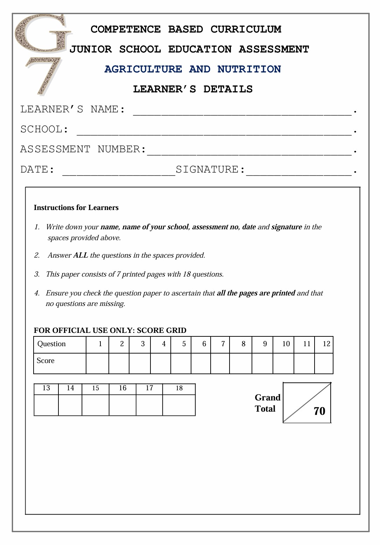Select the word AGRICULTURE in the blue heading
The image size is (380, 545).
pyautogui.click(x=143, y=69)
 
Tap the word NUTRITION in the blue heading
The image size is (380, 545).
pyautogui.click(x=249, y=69)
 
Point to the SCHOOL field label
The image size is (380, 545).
pyautogui.click(x=44, y=130)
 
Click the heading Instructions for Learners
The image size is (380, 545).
pyautogui.click(x=76, y=208)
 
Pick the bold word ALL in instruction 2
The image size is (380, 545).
pyautogui.click(x=80, y=255)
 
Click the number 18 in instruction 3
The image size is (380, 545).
pyautogui.click(x=187, y=274)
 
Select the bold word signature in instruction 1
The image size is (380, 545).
pyautogui.click(x=286, y=227)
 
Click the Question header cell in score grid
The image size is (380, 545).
pyautogui.click(x=60, y=344)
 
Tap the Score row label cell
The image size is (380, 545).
pyautogui.click(x=60, y=363)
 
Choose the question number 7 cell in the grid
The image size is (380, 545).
pyautogui.click(x=220, y=344)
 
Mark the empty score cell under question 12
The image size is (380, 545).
pyautogui.click(x=324, y=363)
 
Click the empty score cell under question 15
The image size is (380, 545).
pyautogui.click(x=96, y=405)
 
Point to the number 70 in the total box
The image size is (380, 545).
pyautogui.click(x=319, y=411)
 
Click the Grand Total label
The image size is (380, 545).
pyautogui.click(x=267, y=403)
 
